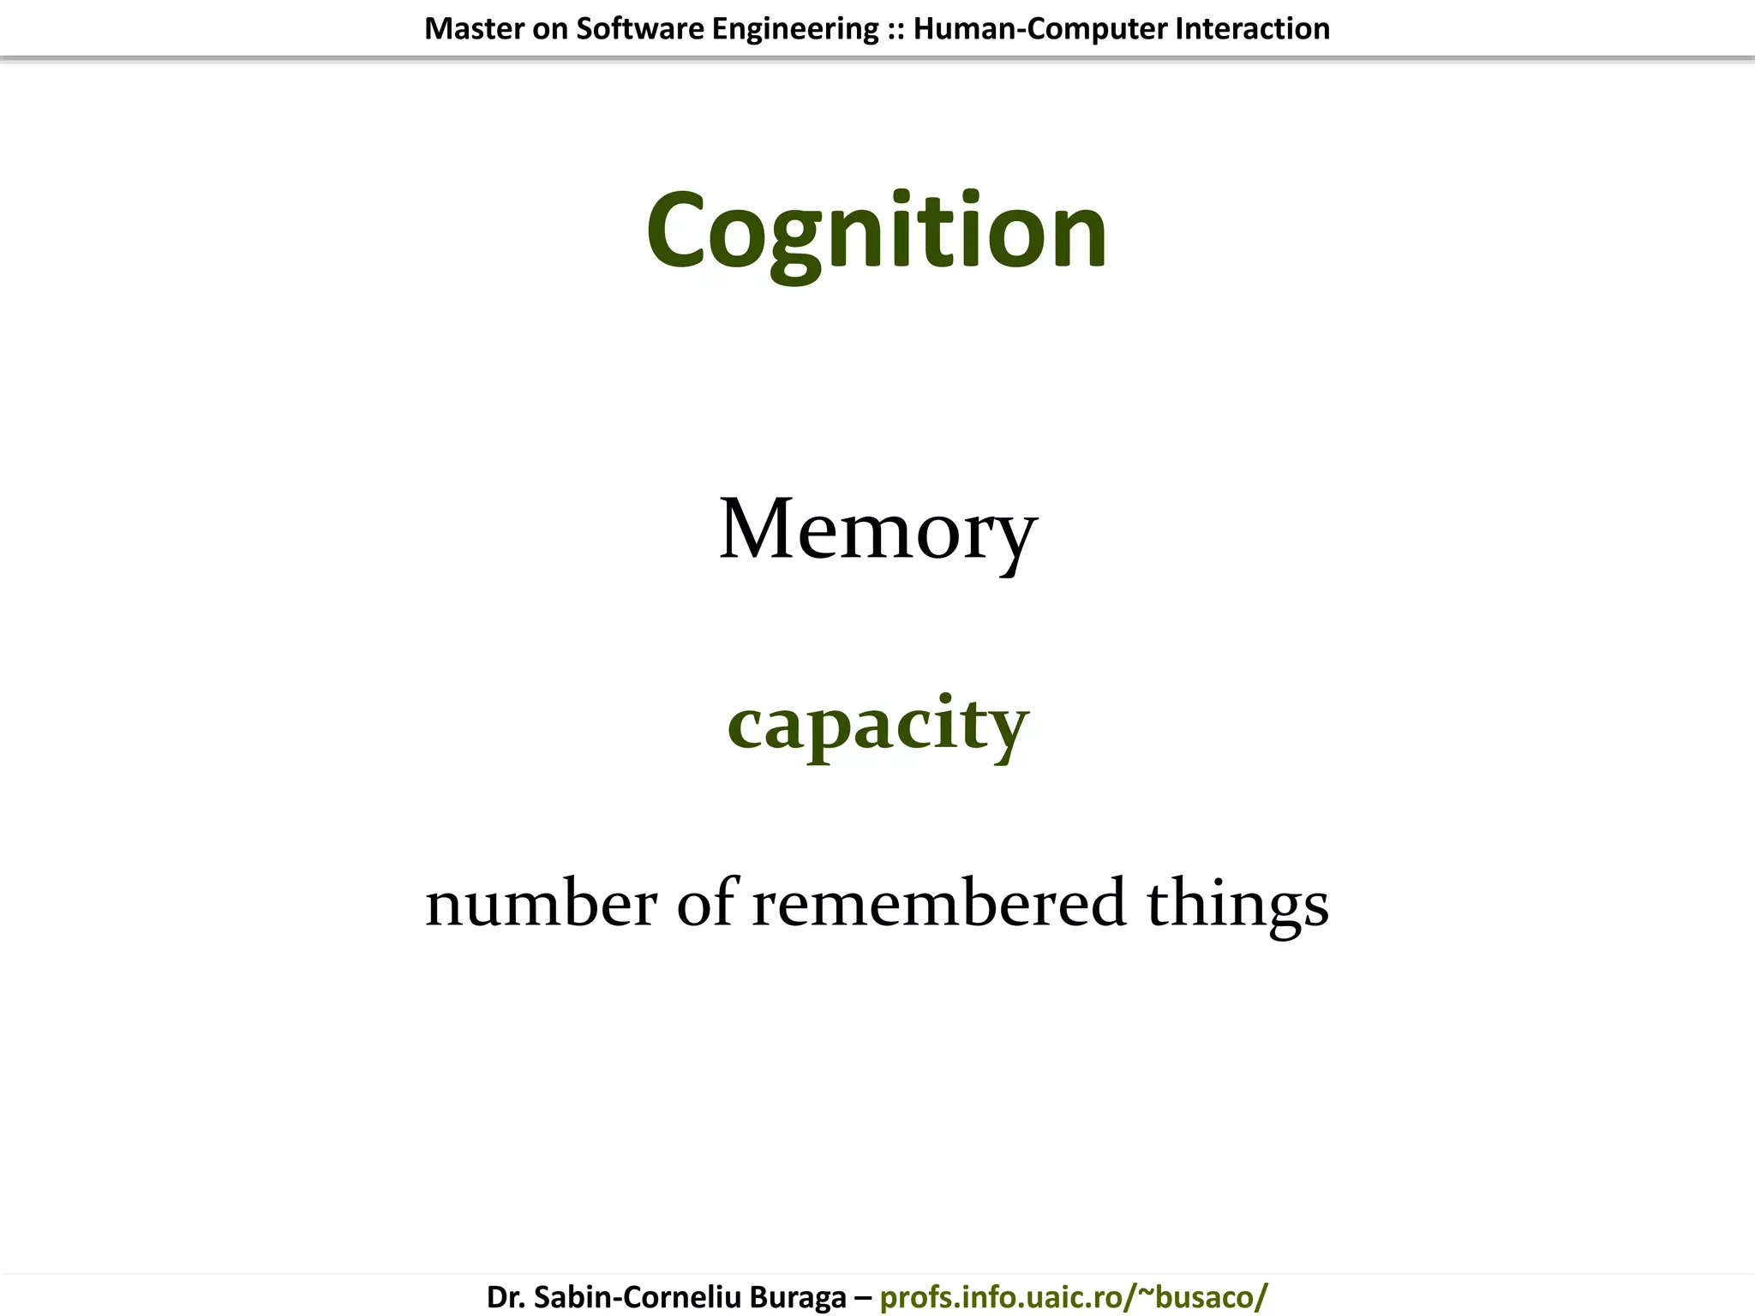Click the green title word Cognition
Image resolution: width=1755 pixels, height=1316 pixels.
(877, 231)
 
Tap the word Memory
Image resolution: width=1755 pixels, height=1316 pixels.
(877, 531)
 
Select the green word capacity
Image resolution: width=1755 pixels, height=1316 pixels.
(877, 724)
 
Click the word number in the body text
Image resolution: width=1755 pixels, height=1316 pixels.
(541, 903)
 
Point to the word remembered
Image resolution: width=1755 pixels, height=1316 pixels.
(938, 903)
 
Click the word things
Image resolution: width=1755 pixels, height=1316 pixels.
(1237, 905)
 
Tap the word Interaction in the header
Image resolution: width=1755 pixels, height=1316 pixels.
(1252, 29)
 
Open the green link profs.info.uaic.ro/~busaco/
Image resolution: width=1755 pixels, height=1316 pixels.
(1074, 1296)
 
